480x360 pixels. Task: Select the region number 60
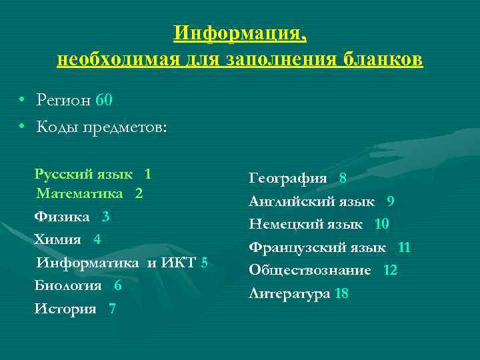click(104, 101)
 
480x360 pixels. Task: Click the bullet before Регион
click(22, 101)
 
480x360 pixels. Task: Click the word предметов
click(133, 127)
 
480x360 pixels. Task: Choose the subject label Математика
click(80, 194)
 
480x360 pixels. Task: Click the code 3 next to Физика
click(106, 217)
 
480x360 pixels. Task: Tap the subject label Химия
click(58, 239)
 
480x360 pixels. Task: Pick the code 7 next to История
click(111, 309)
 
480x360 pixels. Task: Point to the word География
click(288, 178)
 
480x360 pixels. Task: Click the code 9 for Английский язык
click(390, 201)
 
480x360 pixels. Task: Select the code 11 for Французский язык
click(404, 248)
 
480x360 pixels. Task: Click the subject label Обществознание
click(310, 271)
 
